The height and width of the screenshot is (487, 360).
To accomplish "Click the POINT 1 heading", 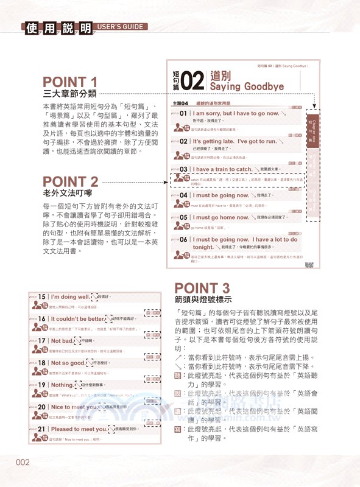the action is click(70, 82).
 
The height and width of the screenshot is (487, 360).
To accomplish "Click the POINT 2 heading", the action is click(70, 182).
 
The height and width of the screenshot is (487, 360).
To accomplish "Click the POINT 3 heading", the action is click(202, 289).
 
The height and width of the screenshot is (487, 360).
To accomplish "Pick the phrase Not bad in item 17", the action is click(65, 341).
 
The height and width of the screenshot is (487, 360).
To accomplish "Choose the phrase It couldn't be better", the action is click(77, 318).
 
